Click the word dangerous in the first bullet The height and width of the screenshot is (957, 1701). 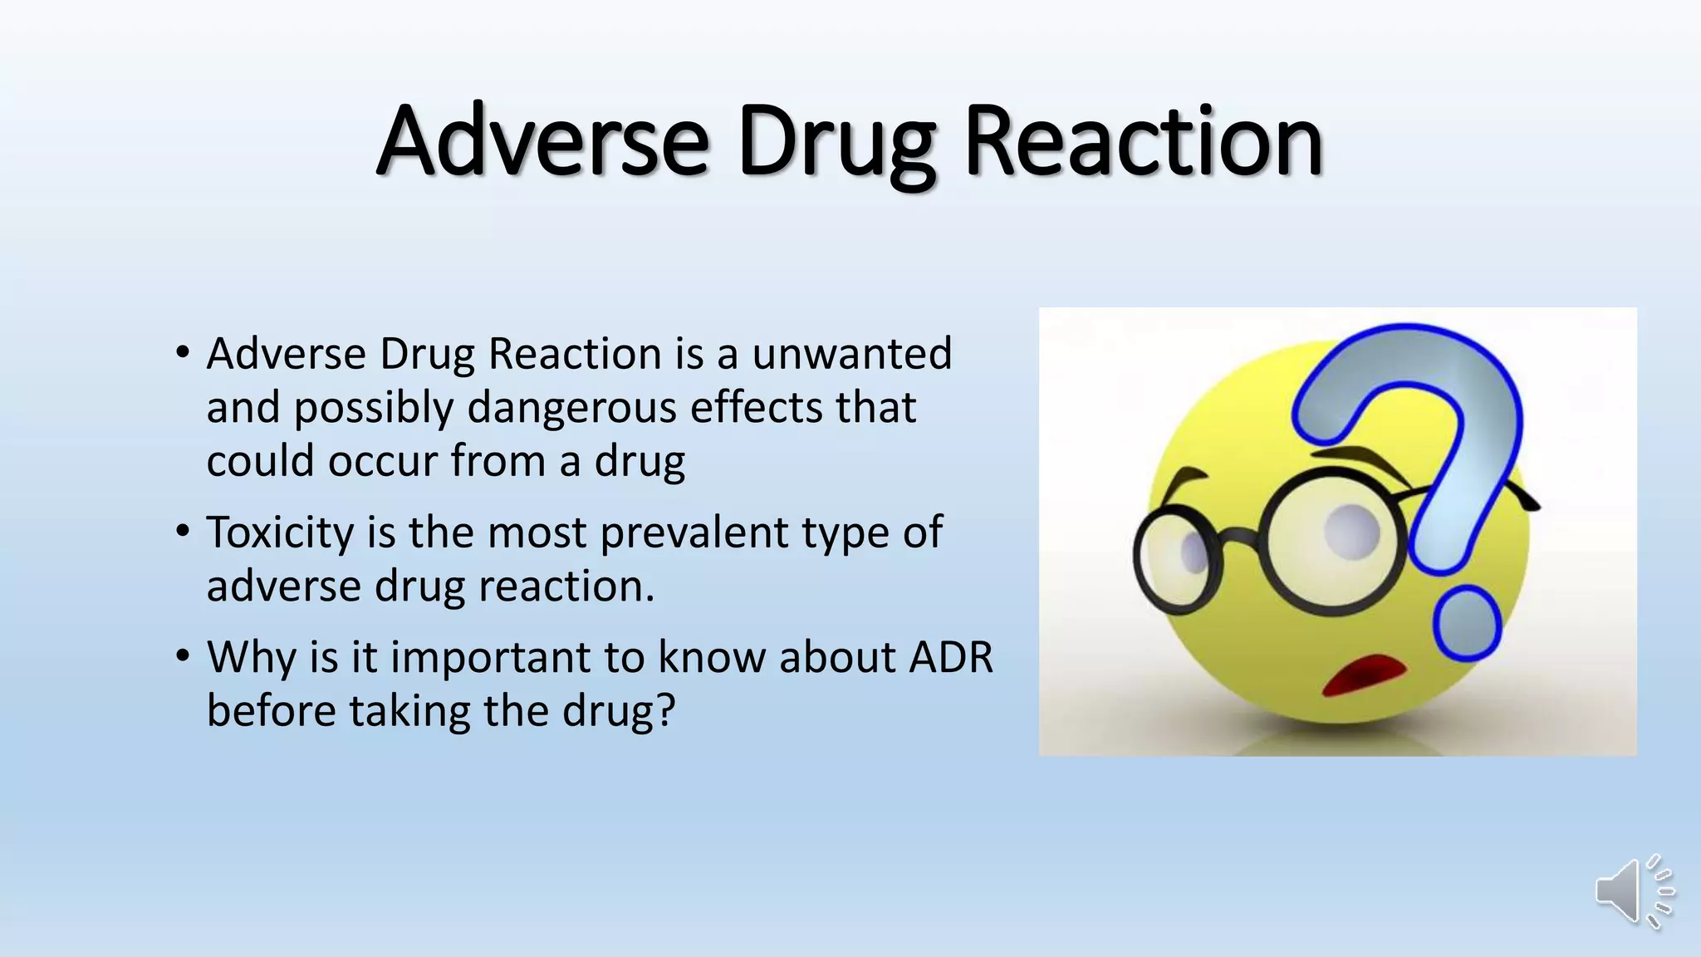[572, 408]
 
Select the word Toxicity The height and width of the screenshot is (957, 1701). [280, 532]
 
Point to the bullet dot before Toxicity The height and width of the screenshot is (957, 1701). [184, 532]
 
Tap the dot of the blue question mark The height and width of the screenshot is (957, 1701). [1467, 623]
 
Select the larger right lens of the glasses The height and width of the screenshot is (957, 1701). [1334, 542]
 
